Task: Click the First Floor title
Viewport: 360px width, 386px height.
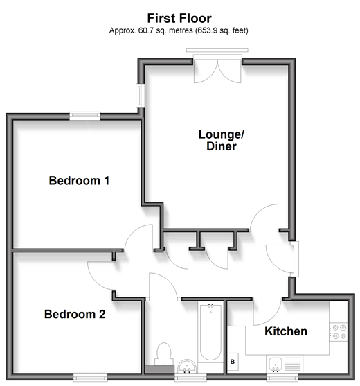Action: [x=179, y=18]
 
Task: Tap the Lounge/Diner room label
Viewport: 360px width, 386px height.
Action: [x=222, y=140]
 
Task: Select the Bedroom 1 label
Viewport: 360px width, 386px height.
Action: [x=79, y=181]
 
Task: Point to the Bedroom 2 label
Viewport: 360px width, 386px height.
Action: [x=75, y=314]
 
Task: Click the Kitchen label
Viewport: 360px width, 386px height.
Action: [x=286, y=331]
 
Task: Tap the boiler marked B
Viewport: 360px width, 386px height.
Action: [x=233, y=362]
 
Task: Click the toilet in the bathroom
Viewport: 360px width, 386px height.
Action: [x=163, y=354]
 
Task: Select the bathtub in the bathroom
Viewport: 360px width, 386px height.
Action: [x=210, y=332]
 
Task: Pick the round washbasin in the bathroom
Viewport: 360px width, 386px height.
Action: [x=187, y=367]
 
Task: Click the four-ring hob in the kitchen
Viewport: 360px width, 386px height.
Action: [x=339, y=331]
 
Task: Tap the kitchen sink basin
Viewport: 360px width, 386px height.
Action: [x=275, y=364]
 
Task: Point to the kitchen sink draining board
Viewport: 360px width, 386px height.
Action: [x=293, y=364]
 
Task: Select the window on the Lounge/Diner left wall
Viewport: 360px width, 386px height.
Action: [x=141, y=96]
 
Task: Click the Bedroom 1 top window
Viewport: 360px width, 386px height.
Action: [x=85, y=116]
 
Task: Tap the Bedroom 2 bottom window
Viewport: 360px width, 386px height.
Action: [x=90, y=377]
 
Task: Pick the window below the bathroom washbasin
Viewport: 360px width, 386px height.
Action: [x=190, y=377]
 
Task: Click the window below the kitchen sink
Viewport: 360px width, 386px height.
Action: [x=282, y=377]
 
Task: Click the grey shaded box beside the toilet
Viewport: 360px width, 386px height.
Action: [x=160, y=369]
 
